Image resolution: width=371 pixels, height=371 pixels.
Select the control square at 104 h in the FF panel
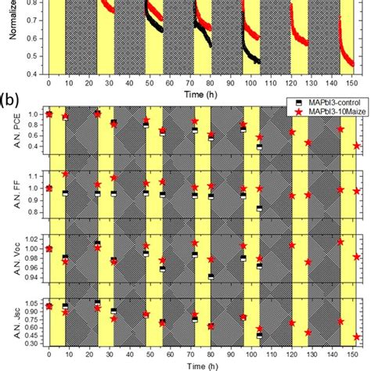coord(259,208)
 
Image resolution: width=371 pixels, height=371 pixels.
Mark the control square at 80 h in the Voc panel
coord(211,276)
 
